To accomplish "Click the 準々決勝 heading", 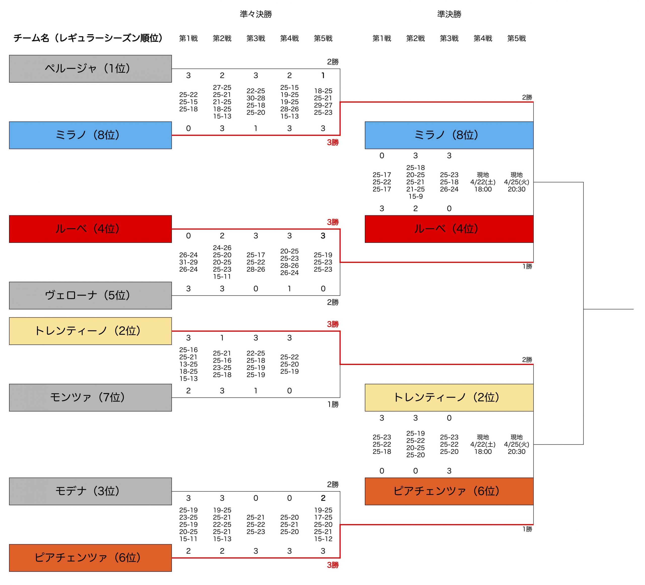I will point(256,14).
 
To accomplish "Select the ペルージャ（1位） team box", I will point(90,69).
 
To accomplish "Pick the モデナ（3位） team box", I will point(90,491).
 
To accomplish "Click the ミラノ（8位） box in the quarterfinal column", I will point(90,135).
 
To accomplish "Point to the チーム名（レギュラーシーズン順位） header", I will point(88,38).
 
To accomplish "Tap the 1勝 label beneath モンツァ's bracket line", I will point(333,405).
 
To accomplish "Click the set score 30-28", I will point(256,98).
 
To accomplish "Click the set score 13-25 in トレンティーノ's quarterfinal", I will point(188,364).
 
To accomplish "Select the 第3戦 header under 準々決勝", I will point(256,38).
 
